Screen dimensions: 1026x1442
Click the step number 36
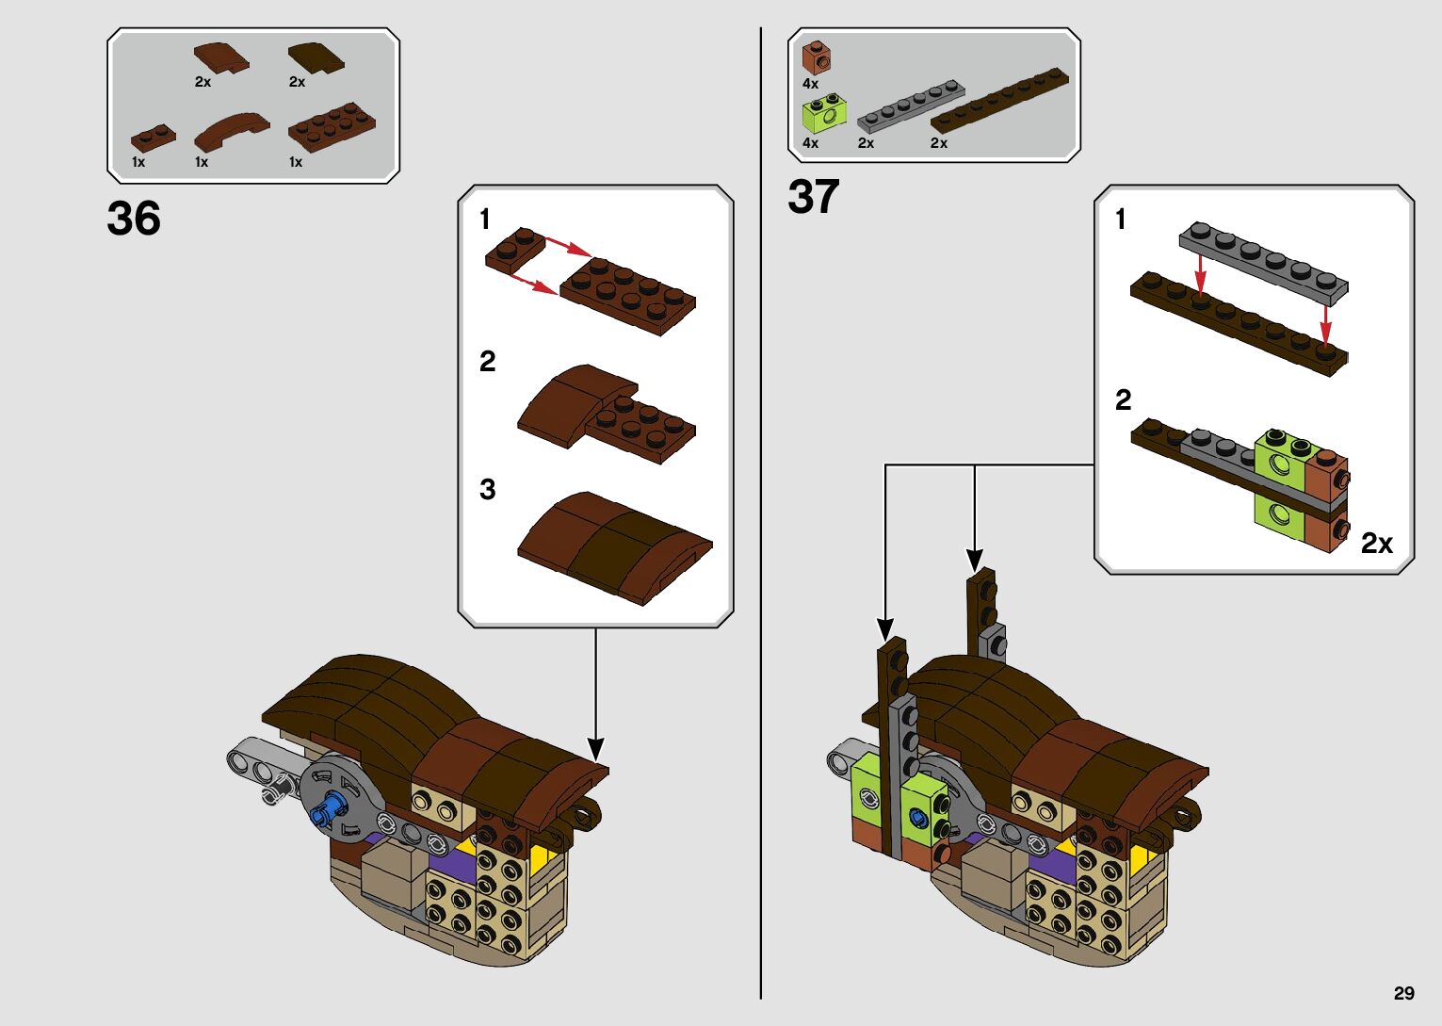coord(134,219)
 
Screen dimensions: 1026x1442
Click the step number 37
coord(813,197)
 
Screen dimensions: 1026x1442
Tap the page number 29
coord(1403,993)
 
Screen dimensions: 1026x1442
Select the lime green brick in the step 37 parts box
coord(823,115)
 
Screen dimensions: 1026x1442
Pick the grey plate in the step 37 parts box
coord(911,105)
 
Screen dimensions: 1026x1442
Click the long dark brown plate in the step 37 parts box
coord(999,99)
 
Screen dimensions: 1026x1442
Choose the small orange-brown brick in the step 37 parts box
coord(816,57)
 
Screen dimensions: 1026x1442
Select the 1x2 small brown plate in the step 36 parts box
coord(153,138)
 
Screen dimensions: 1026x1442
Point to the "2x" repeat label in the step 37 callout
coord(1376,544)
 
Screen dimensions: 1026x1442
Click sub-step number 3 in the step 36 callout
coord(487,489)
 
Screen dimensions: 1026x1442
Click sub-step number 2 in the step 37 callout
coord(1123,399)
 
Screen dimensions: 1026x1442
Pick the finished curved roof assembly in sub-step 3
coord(613,546)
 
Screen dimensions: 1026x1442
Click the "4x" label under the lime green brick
coord(810,143)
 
